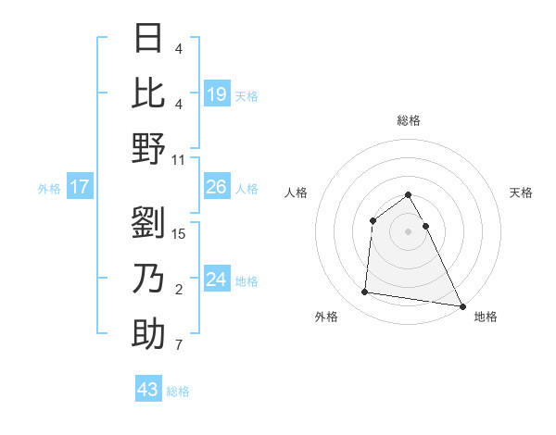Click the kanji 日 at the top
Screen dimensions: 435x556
[x=149, y=40]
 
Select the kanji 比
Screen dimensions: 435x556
[x=149, y=93]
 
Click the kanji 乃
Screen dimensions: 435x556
[x=149, y=279]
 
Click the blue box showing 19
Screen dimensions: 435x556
[x=217, y=93]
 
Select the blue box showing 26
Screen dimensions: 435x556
[x=217, y=188]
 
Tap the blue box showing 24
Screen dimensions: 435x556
[x=217, y=280]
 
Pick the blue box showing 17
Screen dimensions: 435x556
[x=80, y=188]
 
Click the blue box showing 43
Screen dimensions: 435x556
[x=148, y=390]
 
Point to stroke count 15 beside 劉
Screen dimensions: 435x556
[x=180, y=234]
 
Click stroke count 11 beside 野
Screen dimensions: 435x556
[x=179, y=159]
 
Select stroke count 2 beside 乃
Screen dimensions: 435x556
[x=179, y=290]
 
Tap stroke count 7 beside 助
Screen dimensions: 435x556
[x=179, y=346]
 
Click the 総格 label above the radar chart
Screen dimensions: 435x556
[x=408, y=120]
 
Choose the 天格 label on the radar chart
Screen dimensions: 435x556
[x=521, y=193]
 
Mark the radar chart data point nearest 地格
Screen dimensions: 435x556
[x=461, y=306]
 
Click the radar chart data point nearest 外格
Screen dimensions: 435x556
[x=365, y=292]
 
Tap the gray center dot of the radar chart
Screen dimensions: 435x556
[x=408, y=231]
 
